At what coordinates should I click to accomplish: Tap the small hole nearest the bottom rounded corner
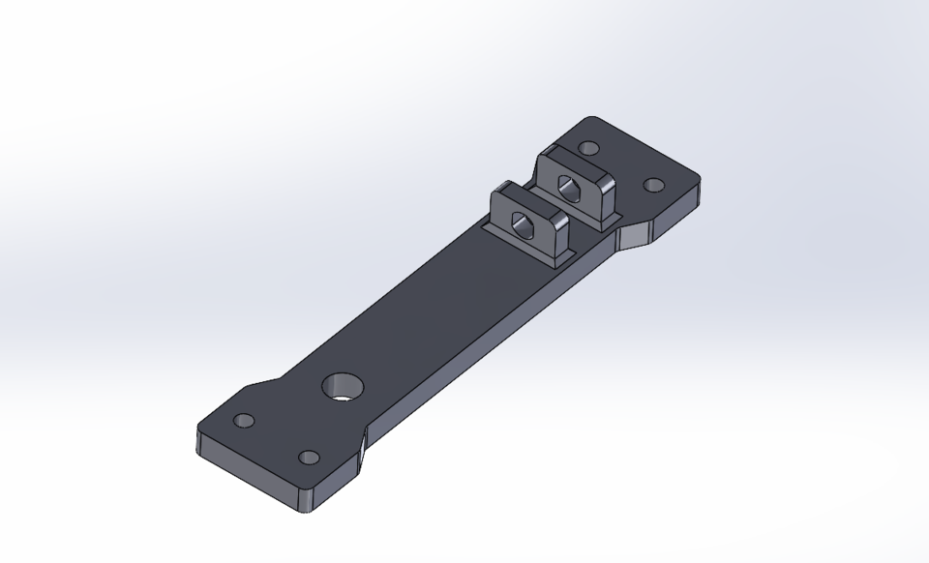point(309,458)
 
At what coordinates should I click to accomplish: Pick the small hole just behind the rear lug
point(587,149)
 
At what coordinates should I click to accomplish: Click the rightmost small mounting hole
point(654,185)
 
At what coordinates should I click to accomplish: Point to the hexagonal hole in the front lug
point(524,223)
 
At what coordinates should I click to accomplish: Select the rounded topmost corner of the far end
point(592,120)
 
